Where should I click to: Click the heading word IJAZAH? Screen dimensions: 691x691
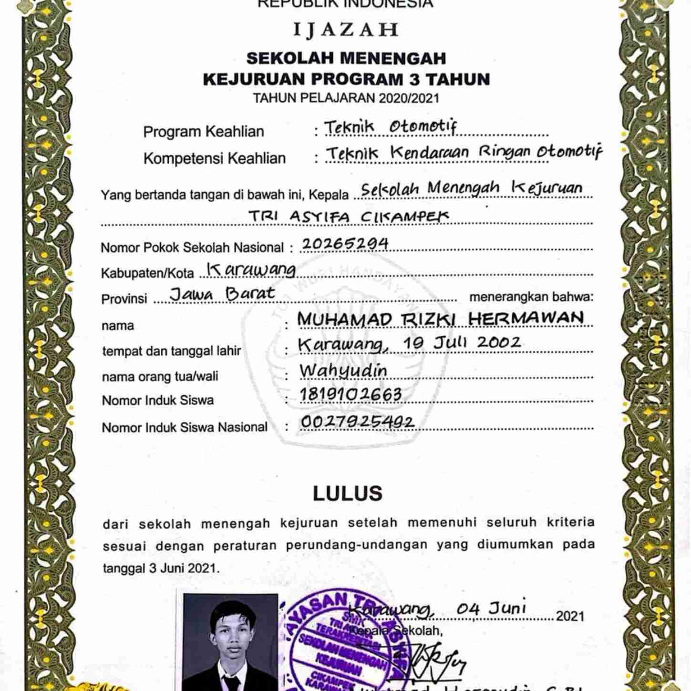(345, 30)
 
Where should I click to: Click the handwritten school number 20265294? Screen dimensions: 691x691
(345, 244)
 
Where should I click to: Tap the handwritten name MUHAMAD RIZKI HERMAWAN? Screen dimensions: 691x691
(440, 319)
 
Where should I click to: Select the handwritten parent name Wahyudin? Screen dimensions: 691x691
(343, 371)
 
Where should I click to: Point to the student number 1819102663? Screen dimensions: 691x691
(351, 395)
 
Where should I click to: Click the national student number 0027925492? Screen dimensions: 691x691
(357, 422)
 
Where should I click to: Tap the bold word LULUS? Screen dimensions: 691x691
(347, 494)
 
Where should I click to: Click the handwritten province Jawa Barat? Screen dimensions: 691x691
(222, 293)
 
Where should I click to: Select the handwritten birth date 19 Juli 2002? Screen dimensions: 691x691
(462, 342)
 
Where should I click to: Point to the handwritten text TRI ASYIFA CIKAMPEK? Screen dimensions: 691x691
(349, 217)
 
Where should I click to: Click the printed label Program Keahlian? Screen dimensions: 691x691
(204, 132)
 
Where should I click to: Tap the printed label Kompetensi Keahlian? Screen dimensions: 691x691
(215, 158)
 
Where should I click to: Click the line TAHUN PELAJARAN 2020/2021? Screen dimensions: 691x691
(346, 98)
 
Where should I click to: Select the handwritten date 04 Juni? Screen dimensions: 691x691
(491, 608)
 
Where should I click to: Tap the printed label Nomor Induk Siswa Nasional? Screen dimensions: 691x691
(185, 427)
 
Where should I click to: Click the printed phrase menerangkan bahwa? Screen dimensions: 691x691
(531, 297)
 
